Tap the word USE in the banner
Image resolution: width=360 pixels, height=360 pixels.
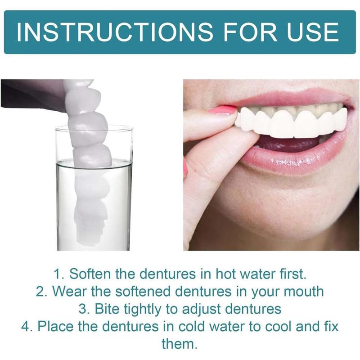point(313,31)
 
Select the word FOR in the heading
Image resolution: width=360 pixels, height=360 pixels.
point(250,31)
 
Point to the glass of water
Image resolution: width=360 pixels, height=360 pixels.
point(94,188)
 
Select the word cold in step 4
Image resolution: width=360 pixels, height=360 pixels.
point(191,326)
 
